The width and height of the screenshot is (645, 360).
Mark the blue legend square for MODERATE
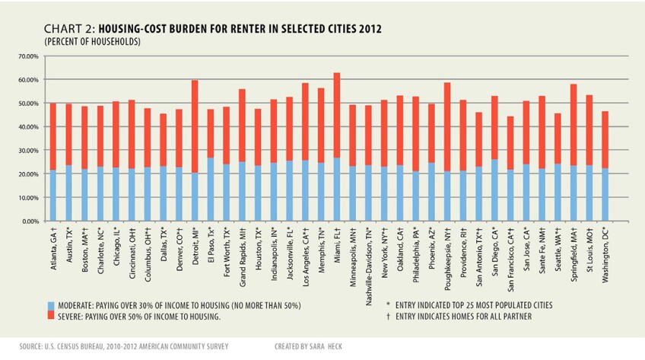pyautogui.click(x=50, y=304)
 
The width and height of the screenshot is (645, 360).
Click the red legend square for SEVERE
pyautogui.click(x=50, y=316)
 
